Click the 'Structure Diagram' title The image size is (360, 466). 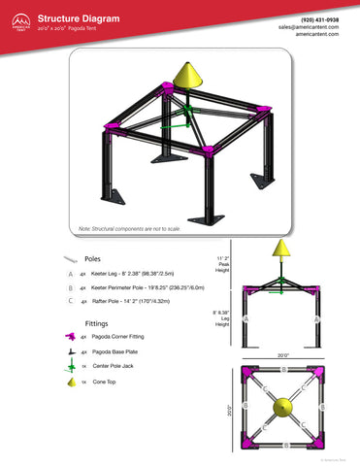(79, 17)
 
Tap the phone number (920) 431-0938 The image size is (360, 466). (320, 18)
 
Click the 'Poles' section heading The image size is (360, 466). (93, 259)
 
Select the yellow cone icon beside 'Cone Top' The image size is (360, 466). (71, 383)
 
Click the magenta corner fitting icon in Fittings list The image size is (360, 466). (71, 337)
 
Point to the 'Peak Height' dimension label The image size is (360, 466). (222, 264)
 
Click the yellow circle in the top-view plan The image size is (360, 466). (283, 408)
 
